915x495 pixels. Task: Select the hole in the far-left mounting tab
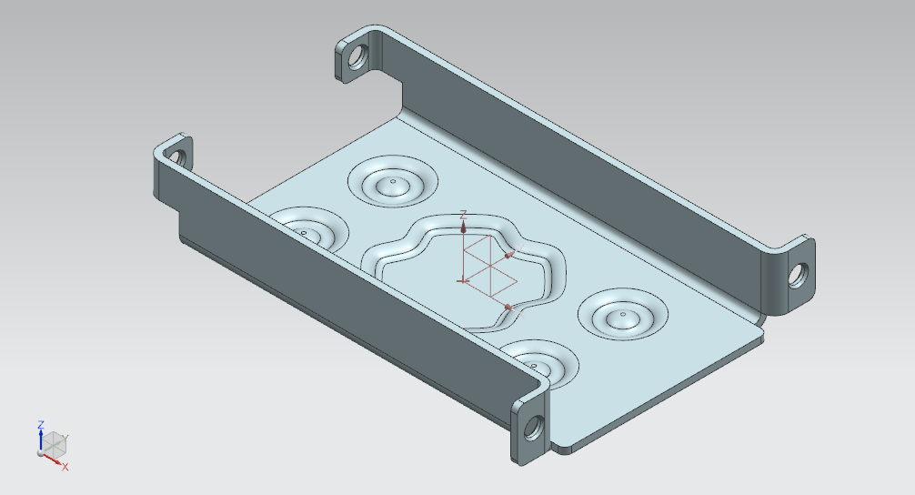[x=176, y=157]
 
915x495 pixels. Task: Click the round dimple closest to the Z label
[x=393, y=183]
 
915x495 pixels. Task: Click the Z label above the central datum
[x=463, y=215]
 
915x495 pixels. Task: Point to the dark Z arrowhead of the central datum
[x=463, y=227]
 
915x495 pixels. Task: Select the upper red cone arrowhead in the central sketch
[x=508, y=255]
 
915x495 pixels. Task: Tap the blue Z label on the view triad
[x=41, y=425]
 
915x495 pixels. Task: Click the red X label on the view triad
[x=65, y=467]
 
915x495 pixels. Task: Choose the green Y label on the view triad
[x=66, y=438]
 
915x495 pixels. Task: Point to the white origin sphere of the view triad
[x=40, y=452]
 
